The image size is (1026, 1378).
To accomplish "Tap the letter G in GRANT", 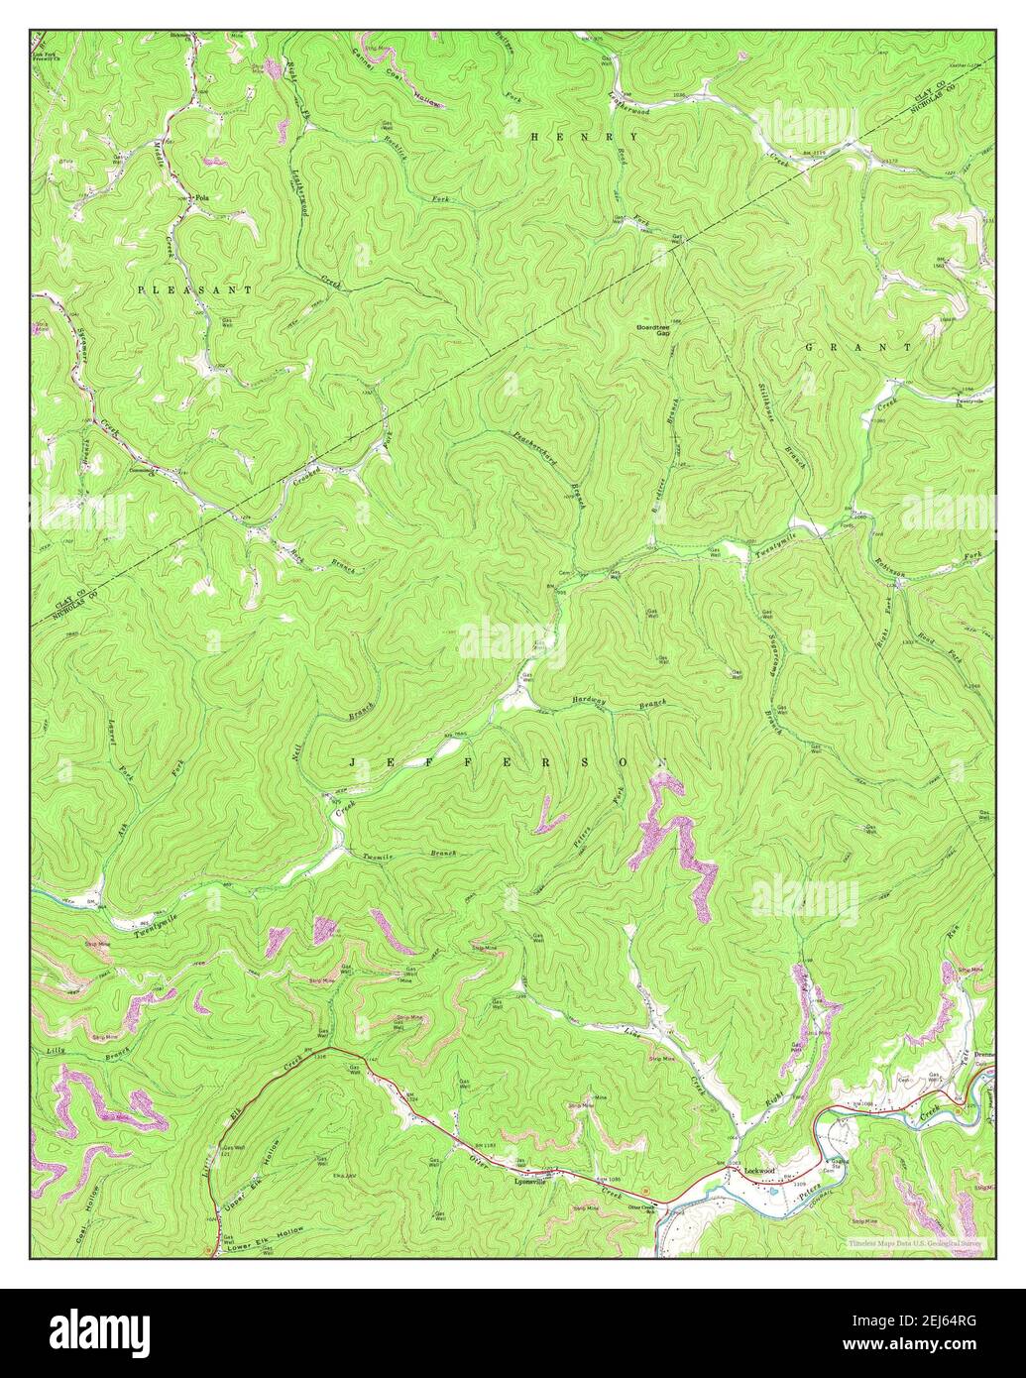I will pyautogui.click(x=810, y=348).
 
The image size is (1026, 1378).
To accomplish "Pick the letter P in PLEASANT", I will pyautogui.click(x=143, y=288).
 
